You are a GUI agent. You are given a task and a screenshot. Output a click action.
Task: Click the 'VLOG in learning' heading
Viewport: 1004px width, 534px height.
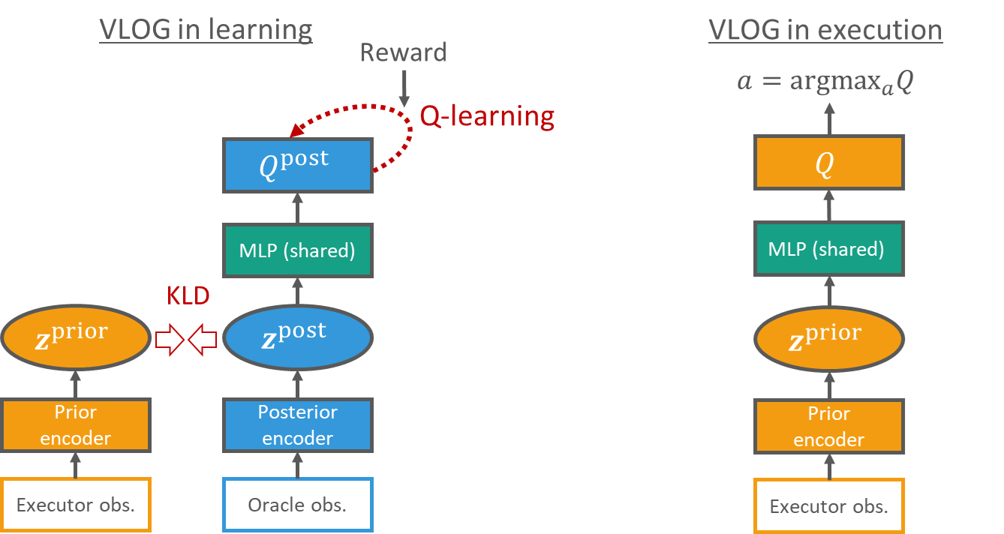tap(206, 29)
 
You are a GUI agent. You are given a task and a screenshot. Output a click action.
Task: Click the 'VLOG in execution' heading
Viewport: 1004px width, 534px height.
tap(825, 29)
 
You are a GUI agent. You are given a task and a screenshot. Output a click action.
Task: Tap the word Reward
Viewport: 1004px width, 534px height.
tap(404, 52)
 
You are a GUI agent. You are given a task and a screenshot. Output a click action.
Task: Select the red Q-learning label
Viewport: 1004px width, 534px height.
tap(488, 116)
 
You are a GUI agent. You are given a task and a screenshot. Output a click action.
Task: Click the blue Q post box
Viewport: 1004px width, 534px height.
tap(297, 165)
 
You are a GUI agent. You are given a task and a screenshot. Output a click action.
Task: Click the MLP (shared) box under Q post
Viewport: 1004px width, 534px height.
tap(297, 250)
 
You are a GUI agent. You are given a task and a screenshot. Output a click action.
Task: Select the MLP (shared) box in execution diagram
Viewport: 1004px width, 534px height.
tap(828, 248)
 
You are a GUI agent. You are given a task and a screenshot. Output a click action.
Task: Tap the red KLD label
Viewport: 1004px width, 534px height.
tap(187, 296)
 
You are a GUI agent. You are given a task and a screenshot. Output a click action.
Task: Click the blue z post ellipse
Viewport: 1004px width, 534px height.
tap(297, 339)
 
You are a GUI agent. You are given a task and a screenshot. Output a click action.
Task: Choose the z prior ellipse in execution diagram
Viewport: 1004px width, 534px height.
tap(828, 339)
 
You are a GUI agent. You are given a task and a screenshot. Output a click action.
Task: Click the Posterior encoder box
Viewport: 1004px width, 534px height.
tap(297, 425)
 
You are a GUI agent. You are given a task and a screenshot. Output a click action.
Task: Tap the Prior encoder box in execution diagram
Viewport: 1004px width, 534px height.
tap(828, 427)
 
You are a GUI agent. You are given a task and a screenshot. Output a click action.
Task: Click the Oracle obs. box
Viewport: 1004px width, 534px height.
tap(297, 505)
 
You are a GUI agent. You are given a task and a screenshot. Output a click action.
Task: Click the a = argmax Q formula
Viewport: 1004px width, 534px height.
tap(825, 81)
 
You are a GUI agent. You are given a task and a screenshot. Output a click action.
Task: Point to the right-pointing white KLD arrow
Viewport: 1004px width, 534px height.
tap(170, 340)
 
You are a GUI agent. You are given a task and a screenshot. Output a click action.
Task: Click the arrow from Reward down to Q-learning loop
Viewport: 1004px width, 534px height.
tap(404, 88)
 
